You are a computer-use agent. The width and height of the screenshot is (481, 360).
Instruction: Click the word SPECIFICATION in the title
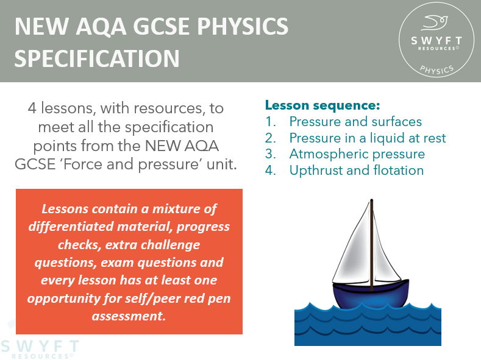coord(97,58)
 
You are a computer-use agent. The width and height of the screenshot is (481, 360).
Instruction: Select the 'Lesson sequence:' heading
coord(322,105)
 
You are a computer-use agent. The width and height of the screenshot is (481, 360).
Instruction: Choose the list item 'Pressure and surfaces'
coord(355,121)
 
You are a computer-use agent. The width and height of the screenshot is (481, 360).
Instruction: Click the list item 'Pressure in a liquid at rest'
coord(367,138)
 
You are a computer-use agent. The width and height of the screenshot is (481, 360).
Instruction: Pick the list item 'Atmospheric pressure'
coord(357,154)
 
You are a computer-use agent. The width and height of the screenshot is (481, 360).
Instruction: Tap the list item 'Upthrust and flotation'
coord(356,170)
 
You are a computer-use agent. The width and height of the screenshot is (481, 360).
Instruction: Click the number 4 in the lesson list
coord(269,170)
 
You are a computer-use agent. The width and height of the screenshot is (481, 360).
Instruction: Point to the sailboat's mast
coord(371,244)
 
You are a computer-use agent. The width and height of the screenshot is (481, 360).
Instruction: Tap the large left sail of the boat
coord(353,250)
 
